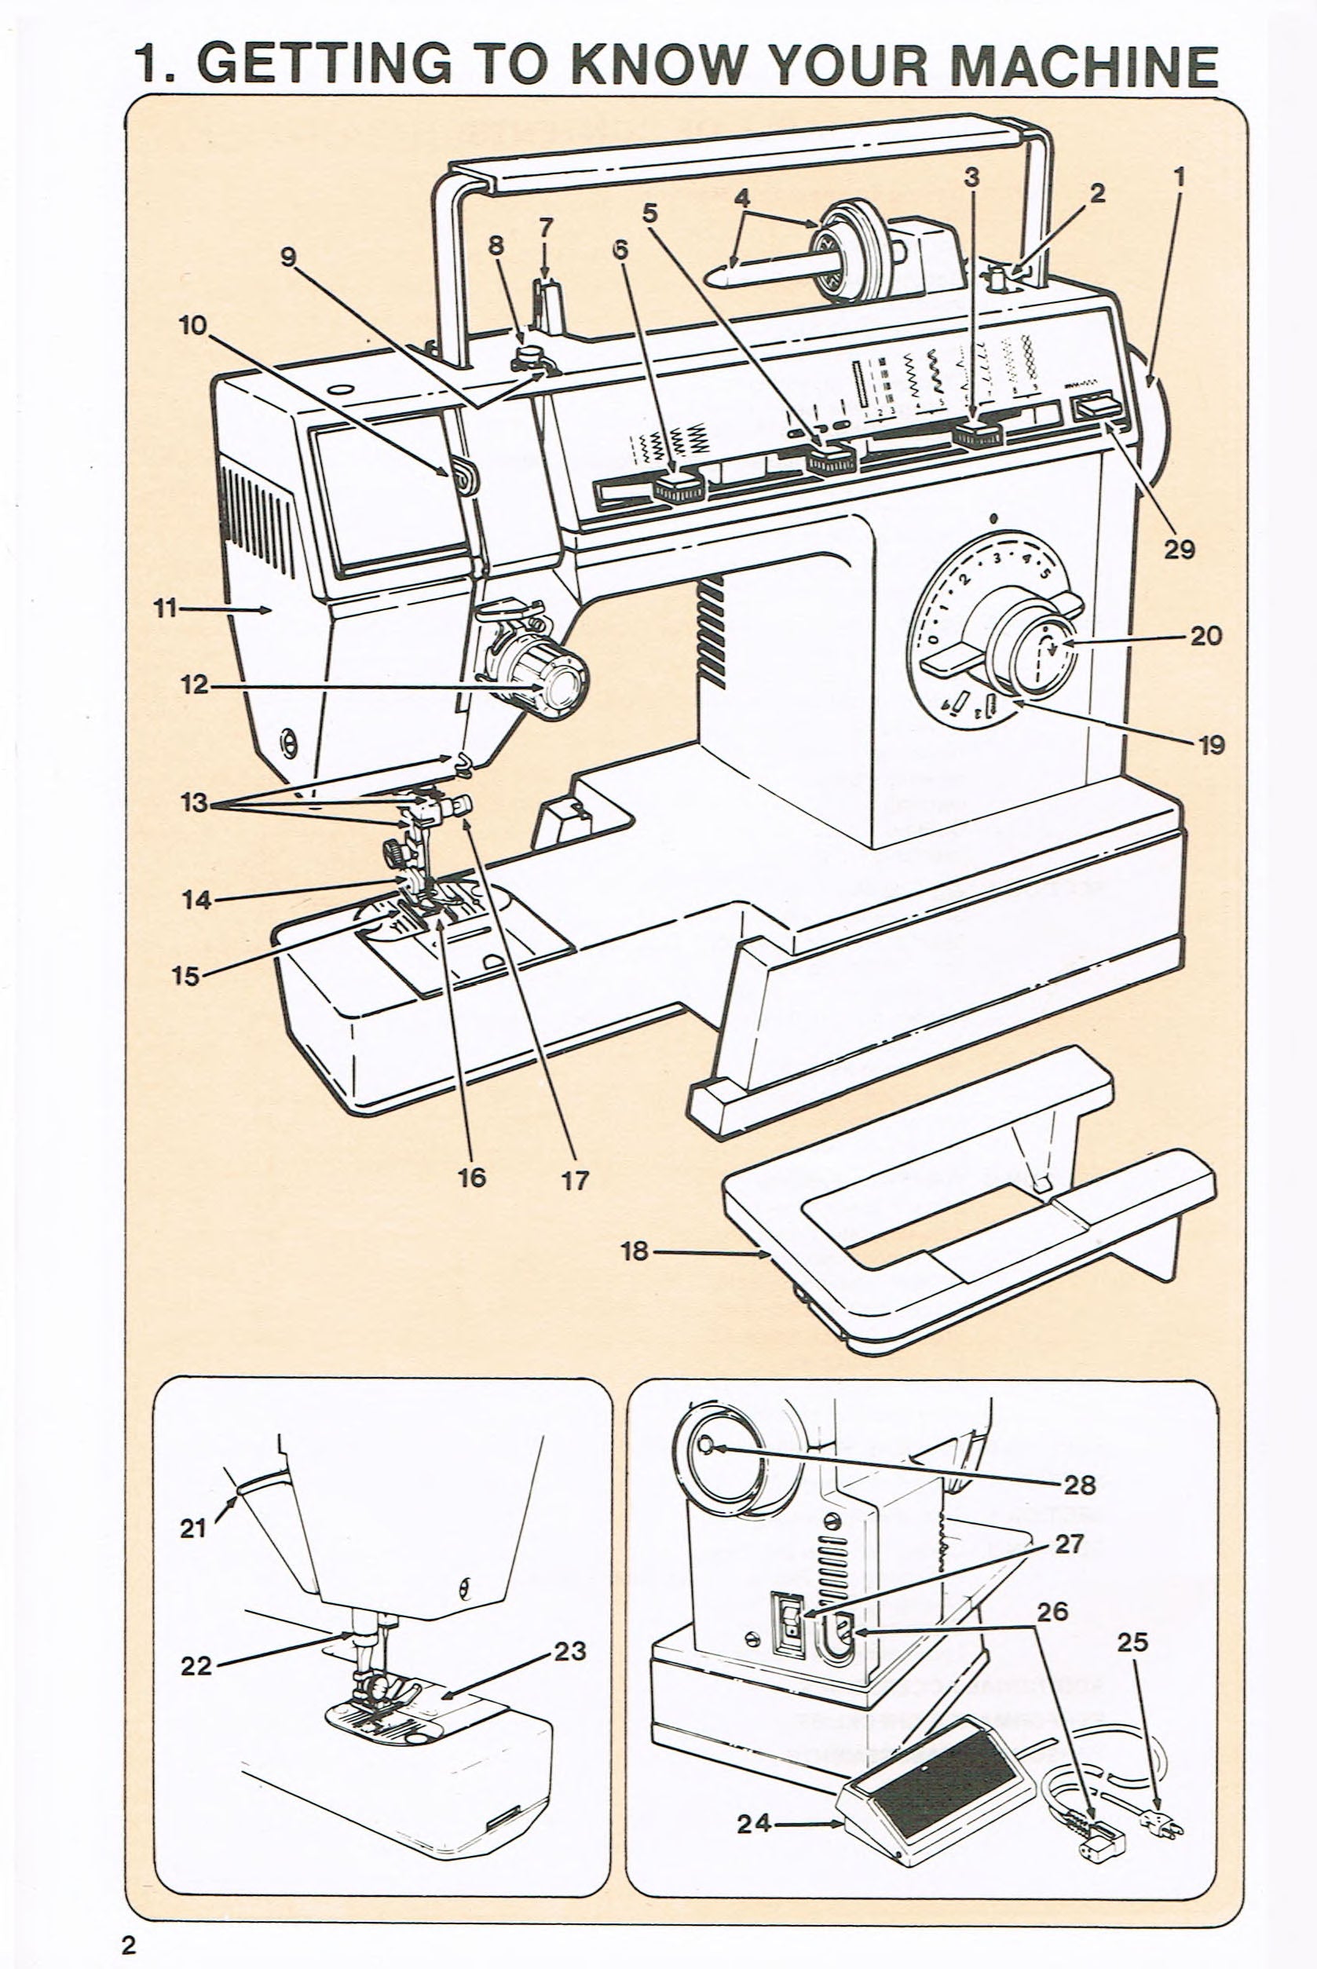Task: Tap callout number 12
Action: (x=193, y=685)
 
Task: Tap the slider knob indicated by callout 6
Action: (x=676, y=486)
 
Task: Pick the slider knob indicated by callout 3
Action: (x=978, y=434)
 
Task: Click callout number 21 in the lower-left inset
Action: (x=192, y=1527)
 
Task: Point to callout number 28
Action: (x=1079, y=1485)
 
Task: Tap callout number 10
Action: (x=192, y=325)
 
